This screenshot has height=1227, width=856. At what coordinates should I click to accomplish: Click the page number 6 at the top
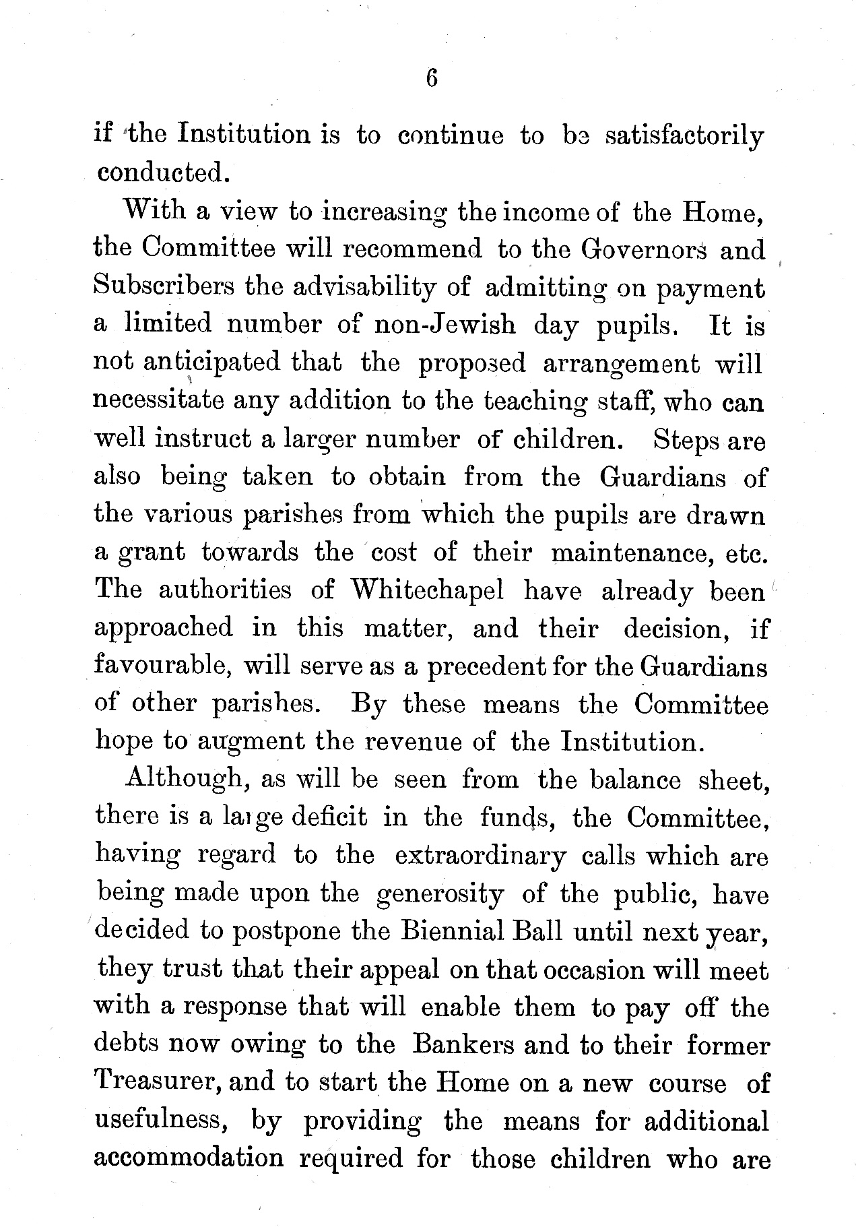[432, 79]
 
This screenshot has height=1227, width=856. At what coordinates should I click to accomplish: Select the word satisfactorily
[684, 137]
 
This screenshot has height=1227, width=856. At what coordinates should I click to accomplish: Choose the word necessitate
[158, 401]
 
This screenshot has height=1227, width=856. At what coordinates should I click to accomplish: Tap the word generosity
[440, 894]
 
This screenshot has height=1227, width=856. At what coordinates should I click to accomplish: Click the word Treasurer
[157, 1083]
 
